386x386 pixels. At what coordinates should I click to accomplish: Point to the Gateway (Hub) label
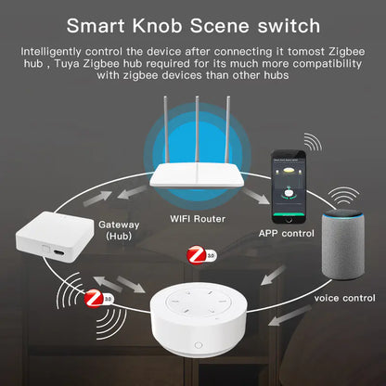coord(120,230)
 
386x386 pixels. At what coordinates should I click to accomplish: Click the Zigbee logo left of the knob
coord(93,300)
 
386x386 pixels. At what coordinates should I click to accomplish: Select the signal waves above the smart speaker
coord(346,198)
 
